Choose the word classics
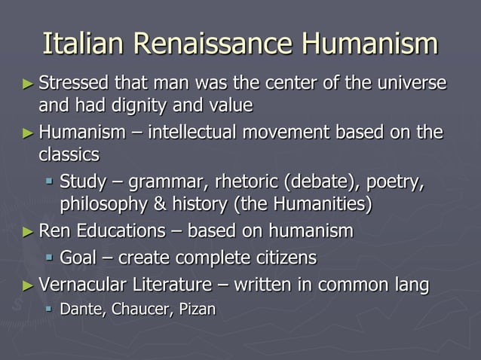(x=69, y=155)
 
